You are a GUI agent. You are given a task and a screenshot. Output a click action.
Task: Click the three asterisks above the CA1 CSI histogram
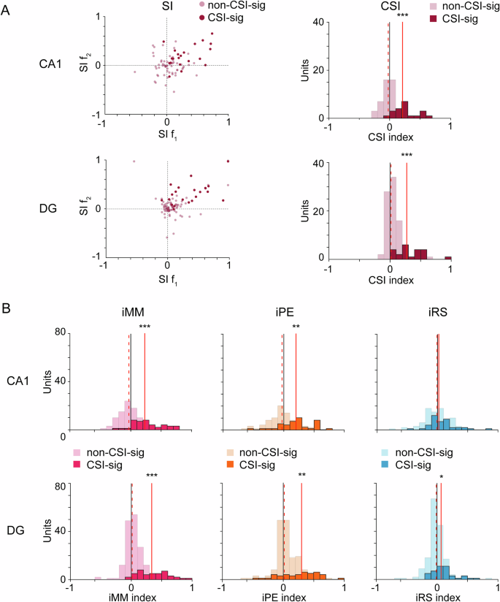coord(403,15)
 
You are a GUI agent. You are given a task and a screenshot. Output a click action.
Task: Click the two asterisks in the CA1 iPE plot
coord(296,327)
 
